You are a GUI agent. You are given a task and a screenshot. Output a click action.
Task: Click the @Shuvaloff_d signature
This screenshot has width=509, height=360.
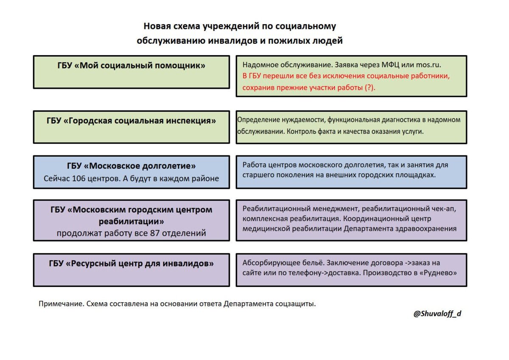437,314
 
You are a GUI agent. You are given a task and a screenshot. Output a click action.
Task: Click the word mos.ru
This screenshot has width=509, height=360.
428,65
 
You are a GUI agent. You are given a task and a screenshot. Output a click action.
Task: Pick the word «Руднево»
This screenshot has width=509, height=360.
441,273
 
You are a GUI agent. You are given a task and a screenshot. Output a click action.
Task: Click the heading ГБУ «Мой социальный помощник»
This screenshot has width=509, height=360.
131,65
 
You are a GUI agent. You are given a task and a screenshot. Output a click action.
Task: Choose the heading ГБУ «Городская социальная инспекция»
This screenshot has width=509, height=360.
131,121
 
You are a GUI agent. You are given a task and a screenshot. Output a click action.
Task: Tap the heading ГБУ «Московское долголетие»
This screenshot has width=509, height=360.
131,166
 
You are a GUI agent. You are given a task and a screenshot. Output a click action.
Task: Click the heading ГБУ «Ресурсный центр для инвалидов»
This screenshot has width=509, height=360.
131,264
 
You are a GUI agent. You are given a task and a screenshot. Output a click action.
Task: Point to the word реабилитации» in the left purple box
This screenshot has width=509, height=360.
131,222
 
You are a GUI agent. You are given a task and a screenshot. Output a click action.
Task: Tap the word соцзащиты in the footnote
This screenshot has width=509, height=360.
299,304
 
